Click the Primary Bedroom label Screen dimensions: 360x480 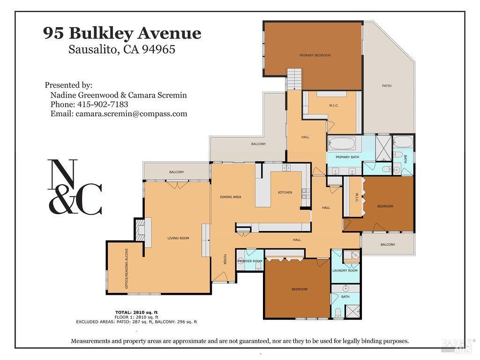click(x=315, y=55)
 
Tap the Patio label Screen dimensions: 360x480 click(x=386, y=86)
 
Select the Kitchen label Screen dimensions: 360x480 click(x=285, y=193)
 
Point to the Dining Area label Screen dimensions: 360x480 click(x=231, y=197)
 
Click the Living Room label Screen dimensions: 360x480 click(x=178, y=238)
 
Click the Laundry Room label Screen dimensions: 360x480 click(x=345, y=270)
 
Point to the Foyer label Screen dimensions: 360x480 click(x=225, y=260)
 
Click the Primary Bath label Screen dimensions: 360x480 click(x=347, y=157)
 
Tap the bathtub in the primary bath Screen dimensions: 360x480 click(x=342, y=143)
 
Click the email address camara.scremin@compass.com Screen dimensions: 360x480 click(x=131, y=114)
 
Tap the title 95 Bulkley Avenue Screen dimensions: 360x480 click(x=122, y=33)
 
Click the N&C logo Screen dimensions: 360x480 click(x=75, y=187)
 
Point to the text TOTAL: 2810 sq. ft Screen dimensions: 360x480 click(x=136, y=312)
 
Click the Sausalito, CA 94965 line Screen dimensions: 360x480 click(x=122, y=49)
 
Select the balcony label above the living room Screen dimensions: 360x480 click(x=176, y=172)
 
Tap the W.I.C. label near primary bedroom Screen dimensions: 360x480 click(x=334, y=105)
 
